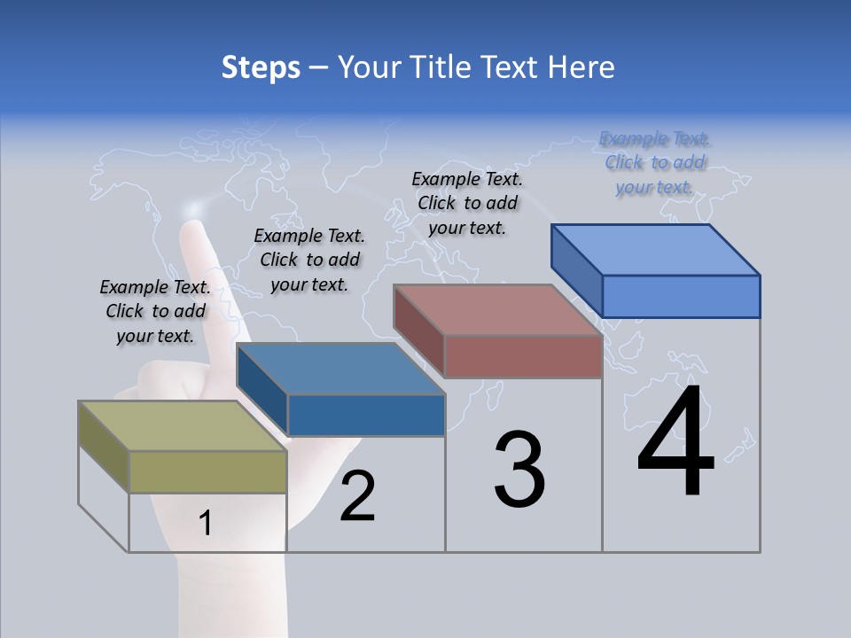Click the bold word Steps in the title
pyautogui.click(x=261, y=67)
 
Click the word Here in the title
pyautogui.click(x=581, y=67)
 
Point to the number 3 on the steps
pyautogui.click(x=519, y=470)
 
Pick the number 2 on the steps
pyautogui.click(x=358, y=496)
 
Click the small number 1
pyautogui.click(x=206, y=524)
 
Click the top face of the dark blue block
pyautogui.click(x=340, y=369)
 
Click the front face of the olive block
pyautogui.click(x=208, y=471)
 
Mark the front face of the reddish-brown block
pyautogui.click(x=523, y=356)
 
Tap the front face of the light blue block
pyautogui.click(x=681, y=296)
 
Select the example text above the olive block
pyautogui.click(x=155, y=311)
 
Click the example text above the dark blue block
pyautogui.click(x=309, y=260)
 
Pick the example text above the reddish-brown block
pyautogui.click(x=467, y=203)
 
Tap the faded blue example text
pyautogui.click(x=655, y=162)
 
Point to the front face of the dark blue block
pyautogui.click(x=366, y=415)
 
